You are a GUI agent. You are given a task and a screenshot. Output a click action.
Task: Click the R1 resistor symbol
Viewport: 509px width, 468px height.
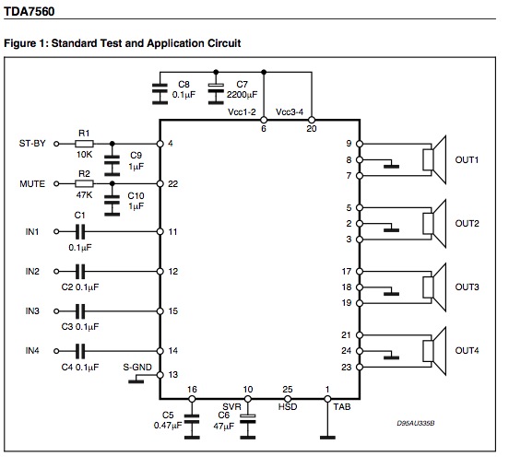click(x=84, y=144)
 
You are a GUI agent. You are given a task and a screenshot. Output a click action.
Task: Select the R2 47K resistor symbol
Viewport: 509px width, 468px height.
click(x=84, y=184)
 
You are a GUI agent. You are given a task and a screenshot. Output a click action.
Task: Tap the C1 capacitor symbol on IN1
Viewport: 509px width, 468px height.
click(x=80, y=231)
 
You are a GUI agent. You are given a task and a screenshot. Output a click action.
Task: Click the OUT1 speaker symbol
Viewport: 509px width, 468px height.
click(x=434, y=160)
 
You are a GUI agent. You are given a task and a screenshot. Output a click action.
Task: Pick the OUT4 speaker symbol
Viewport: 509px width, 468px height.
click(x=434, y=351)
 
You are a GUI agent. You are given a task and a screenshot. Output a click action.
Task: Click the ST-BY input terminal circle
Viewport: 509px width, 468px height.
click(x=56, y=144)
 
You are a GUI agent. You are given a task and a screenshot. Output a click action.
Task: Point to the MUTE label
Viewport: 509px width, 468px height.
click(x=32, y=184)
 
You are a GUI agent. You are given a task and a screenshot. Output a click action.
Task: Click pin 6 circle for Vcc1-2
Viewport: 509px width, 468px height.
click(x=264, y=120)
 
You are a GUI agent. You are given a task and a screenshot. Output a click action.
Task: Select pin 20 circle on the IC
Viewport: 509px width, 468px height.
click(x=312, y=120)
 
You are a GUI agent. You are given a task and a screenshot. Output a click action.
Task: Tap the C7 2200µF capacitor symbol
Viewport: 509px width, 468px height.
click(x=216, y=93)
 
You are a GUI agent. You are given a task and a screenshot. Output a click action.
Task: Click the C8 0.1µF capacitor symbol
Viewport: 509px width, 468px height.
click(x=160, y=93)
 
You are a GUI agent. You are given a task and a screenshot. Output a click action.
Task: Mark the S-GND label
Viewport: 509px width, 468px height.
click(x=137, y=368)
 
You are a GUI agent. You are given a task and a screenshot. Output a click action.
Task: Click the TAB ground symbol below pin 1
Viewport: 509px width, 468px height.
click(x=327, y=438)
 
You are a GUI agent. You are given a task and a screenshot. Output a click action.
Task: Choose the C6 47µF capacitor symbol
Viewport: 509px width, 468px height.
click(x=248, y=426)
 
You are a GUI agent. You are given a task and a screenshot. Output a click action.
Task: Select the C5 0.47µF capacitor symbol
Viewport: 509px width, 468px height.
click(x=192, y=426)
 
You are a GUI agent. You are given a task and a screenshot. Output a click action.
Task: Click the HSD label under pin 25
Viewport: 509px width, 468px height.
click(x=288, y=406)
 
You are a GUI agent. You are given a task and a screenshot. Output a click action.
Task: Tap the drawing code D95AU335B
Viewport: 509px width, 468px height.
click(x=416, y=423)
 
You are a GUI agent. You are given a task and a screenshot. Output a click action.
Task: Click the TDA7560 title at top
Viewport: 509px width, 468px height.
click(x=30, y=12)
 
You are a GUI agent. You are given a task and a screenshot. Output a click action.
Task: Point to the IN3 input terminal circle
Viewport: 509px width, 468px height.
click(x=56, y=311)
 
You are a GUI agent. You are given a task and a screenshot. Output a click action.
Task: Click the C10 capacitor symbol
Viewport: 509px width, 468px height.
click(x=112, y=204)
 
